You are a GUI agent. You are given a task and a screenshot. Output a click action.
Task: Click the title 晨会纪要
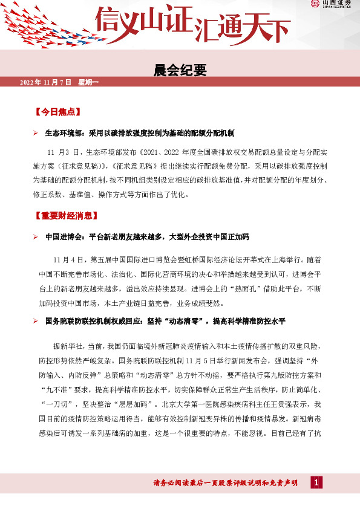180,71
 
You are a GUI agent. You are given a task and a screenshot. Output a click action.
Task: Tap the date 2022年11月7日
46,82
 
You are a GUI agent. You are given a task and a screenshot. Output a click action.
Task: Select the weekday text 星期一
88,82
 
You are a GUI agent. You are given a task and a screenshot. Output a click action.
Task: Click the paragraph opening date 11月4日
68,260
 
